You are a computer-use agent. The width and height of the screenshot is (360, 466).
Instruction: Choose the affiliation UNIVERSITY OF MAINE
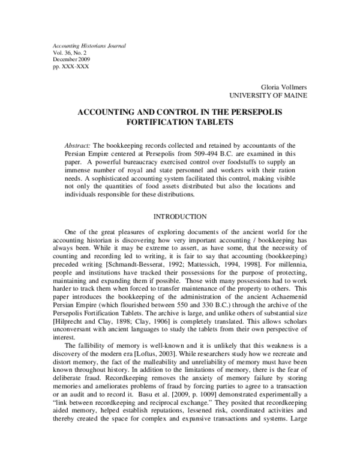click(268, 95)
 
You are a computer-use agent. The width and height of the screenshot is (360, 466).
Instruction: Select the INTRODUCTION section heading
click(179, 216)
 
